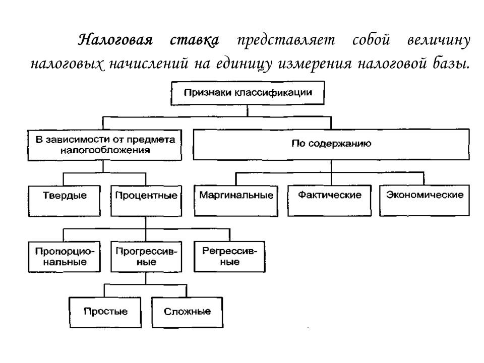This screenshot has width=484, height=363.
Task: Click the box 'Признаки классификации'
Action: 247,93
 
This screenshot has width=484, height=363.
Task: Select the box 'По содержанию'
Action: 331,144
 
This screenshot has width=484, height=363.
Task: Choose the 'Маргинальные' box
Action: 236,196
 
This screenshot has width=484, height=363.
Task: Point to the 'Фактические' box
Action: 330,196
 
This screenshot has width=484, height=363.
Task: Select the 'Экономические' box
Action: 425,196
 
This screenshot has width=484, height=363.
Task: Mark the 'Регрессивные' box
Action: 229,256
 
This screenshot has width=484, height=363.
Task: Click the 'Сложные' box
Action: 187,312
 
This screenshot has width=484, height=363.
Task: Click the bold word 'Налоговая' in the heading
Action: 115,40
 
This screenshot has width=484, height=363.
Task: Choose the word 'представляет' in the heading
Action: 285,40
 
